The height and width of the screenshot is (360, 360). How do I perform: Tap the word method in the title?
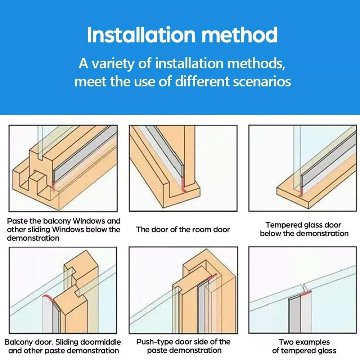click(239, 35)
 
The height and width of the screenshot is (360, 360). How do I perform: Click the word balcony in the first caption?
click(57, 221)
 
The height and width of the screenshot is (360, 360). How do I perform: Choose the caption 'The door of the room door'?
click(183, 229)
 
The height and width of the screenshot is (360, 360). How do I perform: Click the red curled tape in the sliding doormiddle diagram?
click(48, 298)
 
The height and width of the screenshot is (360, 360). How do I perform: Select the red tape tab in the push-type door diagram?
click(213, 276)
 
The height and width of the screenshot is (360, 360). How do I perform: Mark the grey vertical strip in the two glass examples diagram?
click(294, 315)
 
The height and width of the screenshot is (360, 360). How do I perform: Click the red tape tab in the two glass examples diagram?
click(306, 293)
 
